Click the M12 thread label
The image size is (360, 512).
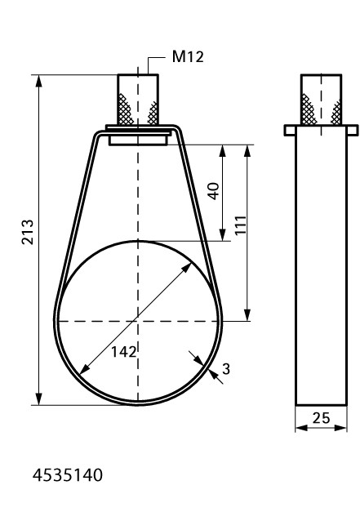pos(188,57)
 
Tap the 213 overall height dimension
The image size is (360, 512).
pos(28,232)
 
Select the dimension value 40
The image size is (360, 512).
pos(214,191)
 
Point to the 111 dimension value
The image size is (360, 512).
pos(241,225)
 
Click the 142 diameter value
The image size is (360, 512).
pos(124,352)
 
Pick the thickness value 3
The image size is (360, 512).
pos(226,369)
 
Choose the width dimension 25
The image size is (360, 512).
pos(321,418)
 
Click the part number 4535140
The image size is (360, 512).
pos(68,475)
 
